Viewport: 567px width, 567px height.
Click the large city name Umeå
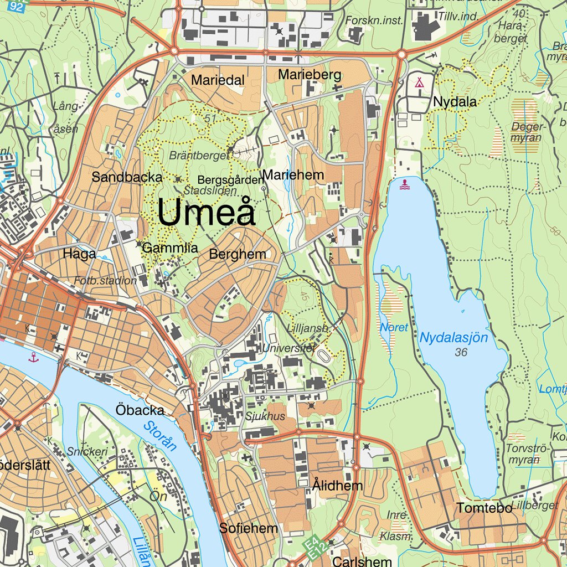(x=206, y=212)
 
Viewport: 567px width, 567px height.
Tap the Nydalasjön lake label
(x=453, y=337)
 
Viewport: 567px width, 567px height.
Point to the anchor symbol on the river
(x=34, y=357)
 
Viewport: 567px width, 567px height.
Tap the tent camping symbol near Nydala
(x=420, y=83)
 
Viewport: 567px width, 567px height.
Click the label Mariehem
(x=293, y=176)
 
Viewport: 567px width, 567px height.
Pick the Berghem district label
(x=238, y=255)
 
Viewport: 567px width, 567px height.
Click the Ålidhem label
(x=337, y=486)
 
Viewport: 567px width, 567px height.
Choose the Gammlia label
(x=170, y=249)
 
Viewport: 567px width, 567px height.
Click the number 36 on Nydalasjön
(x=461, y=352)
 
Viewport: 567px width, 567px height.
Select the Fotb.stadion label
(x=105, y=281)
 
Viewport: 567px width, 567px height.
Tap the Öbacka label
(x=140, y=410)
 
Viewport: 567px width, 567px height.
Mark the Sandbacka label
(x=127, y=177)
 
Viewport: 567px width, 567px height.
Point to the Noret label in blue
(x=394, y=327)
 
